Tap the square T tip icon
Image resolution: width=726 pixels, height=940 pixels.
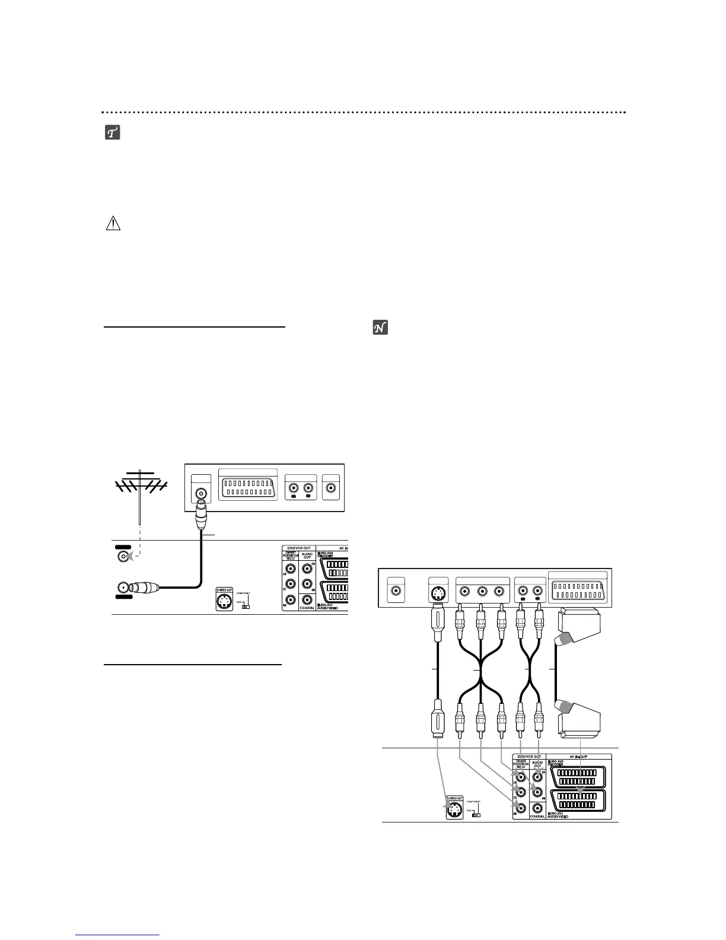[113, 133]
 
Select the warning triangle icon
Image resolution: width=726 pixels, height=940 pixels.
[113, 224]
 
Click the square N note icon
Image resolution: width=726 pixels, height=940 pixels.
[380, 328]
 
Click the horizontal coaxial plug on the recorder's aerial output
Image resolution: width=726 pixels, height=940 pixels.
[144, 587]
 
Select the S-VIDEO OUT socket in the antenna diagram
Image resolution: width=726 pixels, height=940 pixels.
[225, 602]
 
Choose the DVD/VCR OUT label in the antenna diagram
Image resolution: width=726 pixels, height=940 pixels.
[298, 548]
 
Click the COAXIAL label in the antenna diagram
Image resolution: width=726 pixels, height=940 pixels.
[307, 608]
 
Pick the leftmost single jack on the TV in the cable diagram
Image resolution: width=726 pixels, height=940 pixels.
[395, 592]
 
